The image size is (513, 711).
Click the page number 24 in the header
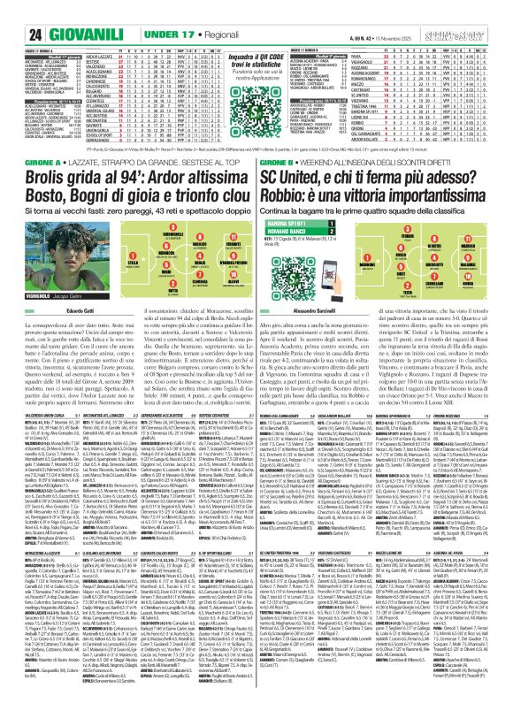[13, 11]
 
